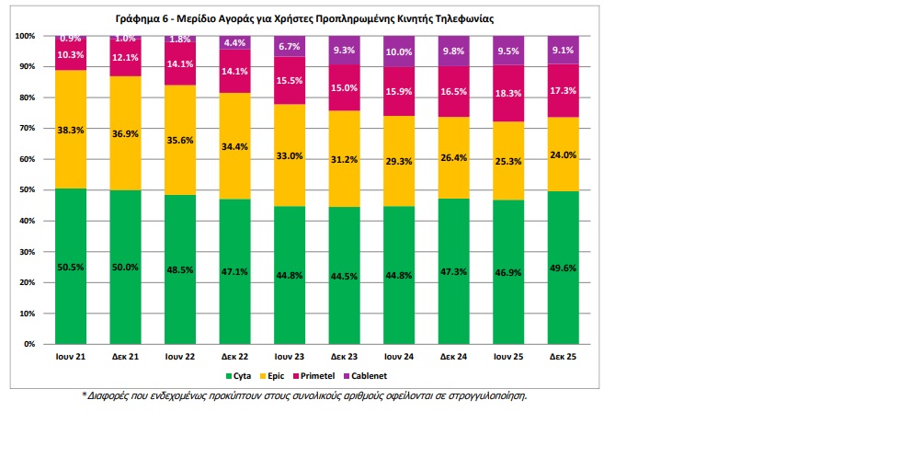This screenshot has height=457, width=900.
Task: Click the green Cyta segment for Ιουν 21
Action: [x=71, y=267]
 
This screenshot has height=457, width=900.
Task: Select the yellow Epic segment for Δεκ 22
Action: [x=234, y=146]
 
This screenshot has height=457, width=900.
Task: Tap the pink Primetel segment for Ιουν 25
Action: [x=508, y=93]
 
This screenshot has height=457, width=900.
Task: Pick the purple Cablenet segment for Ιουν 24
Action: [x=399, y=51]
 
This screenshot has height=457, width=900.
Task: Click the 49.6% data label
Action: [x=563, y=268]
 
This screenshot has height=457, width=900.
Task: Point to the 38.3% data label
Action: [x=71, y=131]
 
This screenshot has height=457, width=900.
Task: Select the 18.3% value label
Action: [x=508, y=93]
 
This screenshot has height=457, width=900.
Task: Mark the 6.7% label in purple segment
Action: [x=290, y=47]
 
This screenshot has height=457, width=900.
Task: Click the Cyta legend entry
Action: [x=238, y=376]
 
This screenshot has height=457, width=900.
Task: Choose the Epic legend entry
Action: [x=272, y=376]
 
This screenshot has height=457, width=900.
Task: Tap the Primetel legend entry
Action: [x=314, y=376]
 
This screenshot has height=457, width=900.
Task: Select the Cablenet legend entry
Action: [x=365, y=376]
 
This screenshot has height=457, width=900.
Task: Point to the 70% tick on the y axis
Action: [x=26, y=128]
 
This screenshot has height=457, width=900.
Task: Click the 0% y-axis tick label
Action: [x=29, y=344]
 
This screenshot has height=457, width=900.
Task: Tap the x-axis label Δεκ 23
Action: [x=344, y=357]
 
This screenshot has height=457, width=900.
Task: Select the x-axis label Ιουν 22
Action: [x=179, y=357]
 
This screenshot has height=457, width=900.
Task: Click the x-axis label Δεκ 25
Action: [x=563, y=357]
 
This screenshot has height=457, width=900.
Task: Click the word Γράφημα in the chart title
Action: [x=138, y=18]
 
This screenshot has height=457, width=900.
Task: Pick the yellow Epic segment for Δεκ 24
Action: [x=453, y=158]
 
